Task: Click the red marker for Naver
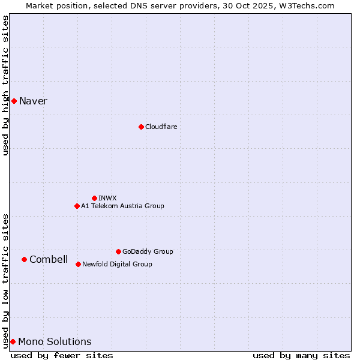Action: [14, 101]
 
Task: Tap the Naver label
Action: [33, 101]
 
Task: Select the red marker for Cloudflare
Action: [141, 127]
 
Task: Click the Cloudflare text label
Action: [161, 127]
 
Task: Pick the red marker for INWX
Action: [94, 198]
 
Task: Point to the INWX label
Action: [107, 199]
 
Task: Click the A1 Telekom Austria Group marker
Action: [77, 206]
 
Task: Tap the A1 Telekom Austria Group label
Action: [122, 206]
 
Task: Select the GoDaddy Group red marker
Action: [118, 251]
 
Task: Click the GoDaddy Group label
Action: [148, 252]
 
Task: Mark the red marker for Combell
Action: [24, 259]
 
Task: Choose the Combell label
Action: [49, 260]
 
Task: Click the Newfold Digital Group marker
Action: [78, 264]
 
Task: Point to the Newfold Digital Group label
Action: [117, 265]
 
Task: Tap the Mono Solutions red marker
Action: [13, 341]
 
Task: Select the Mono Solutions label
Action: [55, 342]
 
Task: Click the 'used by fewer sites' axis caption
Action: [62, 355]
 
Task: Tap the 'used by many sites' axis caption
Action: [301, 355]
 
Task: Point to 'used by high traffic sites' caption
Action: [5, 85]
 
